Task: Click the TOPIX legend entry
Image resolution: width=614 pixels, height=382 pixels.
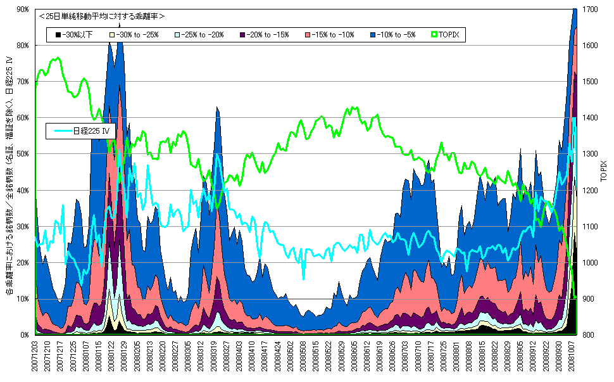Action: (448, 34)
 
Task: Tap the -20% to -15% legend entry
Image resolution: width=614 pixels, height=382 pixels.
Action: (266, 34)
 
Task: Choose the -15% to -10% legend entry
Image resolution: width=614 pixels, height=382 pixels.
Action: (330, 34)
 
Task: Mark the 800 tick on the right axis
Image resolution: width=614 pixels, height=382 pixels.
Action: (588, 334)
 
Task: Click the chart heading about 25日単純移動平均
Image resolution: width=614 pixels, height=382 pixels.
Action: (101, 15)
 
